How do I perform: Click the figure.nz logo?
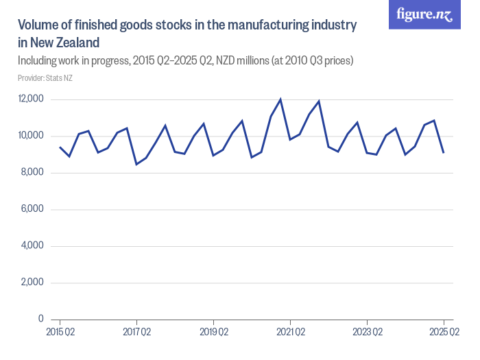425,14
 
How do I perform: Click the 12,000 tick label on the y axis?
31,99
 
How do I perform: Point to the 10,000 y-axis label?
31,136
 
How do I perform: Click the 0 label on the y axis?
41,319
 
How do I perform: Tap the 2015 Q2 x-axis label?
60,332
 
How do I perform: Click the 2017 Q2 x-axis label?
136,332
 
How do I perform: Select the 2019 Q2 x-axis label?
213,332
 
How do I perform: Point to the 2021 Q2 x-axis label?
290,332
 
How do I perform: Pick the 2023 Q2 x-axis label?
367,332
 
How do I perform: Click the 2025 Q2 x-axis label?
444,332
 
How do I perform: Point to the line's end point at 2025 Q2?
444,152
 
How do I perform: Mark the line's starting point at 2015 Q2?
60,147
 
